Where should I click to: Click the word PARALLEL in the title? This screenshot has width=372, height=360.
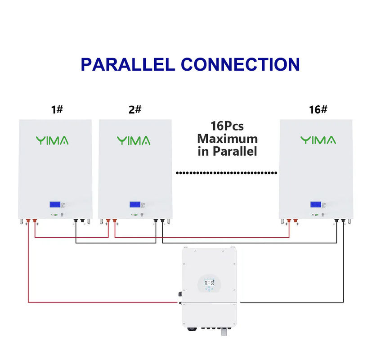(x=127, y=64)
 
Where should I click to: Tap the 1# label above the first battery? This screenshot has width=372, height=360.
(x=57, y=109)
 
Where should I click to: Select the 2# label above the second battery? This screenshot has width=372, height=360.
(x=135, y=109)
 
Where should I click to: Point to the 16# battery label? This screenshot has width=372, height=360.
(x=318, y=109)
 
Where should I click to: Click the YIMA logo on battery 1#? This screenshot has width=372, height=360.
(x=52, y=140)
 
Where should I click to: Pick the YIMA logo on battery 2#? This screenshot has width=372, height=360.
(x=134, y=140)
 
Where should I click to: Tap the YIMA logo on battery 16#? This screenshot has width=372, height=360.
(x=318, y=140)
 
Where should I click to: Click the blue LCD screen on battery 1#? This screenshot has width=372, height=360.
(x=55, y=204)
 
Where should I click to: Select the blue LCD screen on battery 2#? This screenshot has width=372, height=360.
(x=135, y=204)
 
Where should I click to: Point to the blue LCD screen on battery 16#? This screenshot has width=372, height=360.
(x=315, y=204)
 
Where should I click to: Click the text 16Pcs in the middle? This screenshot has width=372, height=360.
(x=227, y=126)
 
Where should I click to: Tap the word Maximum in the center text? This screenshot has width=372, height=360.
(x=227, y=139)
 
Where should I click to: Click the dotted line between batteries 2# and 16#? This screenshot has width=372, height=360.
(x=226, y=173)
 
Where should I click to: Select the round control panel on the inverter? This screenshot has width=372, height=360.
(x=209, y=283)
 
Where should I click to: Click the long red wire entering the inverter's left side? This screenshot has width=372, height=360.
(x=103, y=302)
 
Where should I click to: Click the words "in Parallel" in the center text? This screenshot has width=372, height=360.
(x=227, y=151)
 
